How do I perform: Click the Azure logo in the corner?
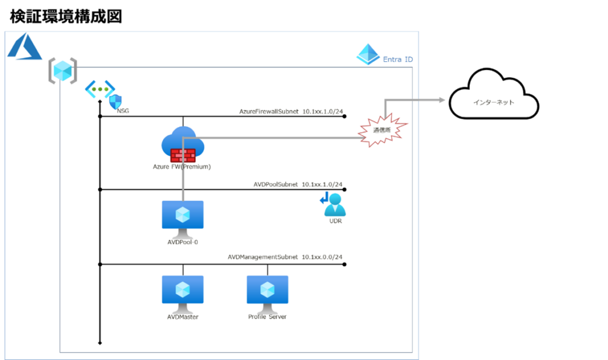24,46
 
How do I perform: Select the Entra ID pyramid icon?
368,55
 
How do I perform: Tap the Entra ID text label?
398,59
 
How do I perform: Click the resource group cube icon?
62,71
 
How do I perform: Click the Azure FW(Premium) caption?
182,167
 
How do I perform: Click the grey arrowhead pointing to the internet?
442,100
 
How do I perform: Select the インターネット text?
493,103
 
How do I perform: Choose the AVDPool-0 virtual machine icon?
182,215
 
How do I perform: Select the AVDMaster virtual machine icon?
182,291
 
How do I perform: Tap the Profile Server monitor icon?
267,291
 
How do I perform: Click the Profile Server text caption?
267,317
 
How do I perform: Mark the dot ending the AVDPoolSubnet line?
344,190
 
